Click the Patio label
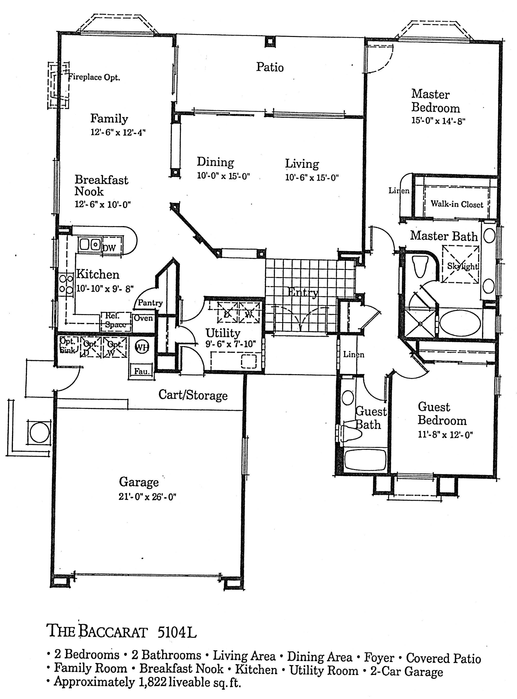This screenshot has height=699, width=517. pos(270,67)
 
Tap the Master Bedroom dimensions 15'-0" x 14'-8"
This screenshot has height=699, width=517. pos(438,121)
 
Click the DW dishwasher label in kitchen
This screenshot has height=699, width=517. pos(109,248)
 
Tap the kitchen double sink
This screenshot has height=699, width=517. pos(90,244)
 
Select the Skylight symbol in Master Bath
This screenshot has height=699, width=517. pos(460,265)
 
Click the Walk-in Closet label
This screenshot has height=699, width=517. pos(457,204)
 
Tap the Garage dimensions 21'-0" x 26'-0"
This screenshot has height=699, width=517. pos(147,497)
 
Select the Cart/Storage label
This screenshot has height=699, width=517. pos(193,395)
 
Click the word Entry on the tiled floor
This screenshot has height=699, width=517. pos(302,292)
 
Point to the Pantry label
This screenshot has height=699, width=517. pos(150,302)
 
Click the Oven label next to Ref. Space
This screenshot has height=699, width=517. pos(143,318)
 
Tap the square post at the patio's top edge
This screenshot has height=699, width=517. pos(270,42)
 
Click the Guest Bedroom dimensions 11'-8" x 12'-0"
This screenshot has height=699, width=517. pos(445,435)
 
